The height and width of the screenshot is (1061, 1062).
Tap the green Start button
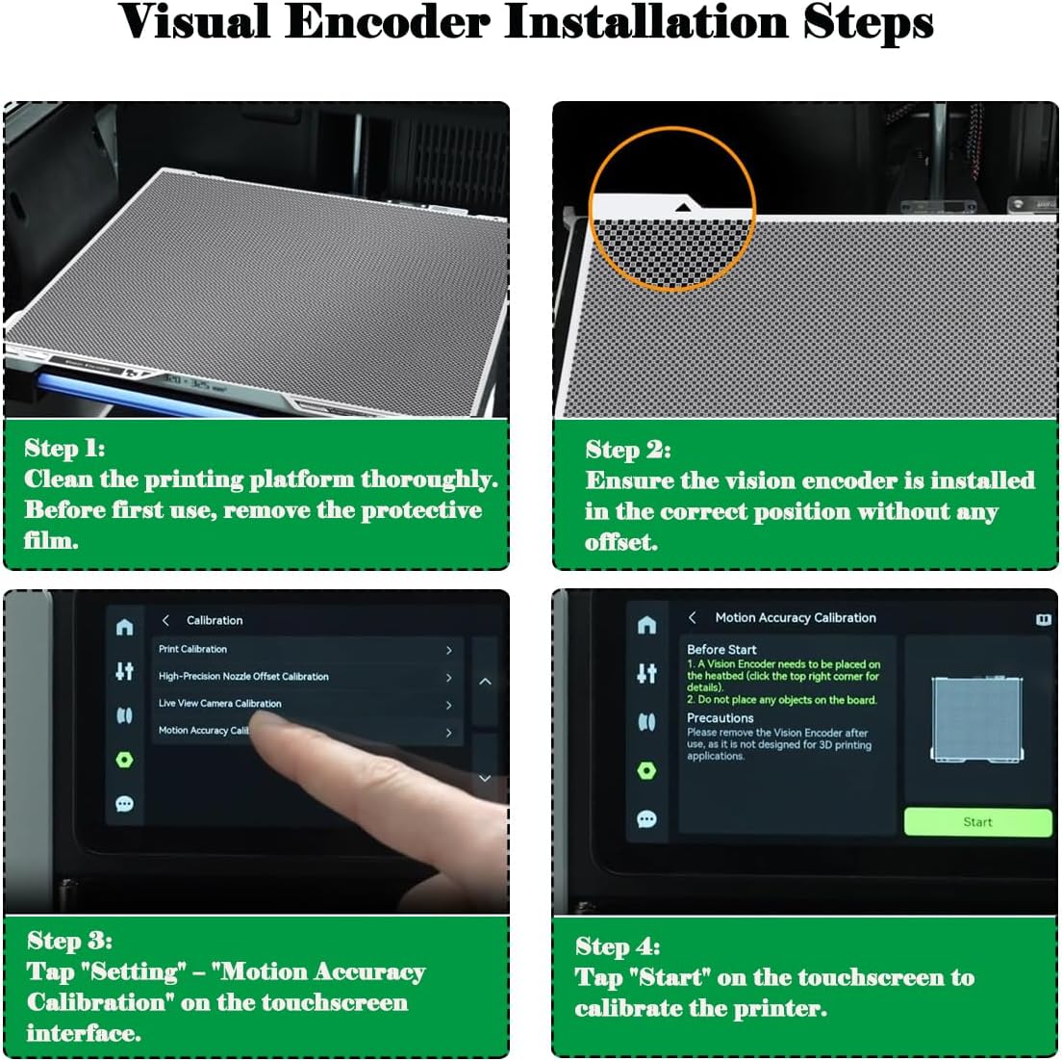pyautogui.click(x=977, y=821)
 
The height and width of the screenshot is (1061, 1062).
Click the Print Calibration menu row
pyautogui.click(x=306, y=650)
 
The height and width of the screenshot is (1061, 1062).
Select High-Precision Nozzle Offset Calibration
pyautogui.click(x=306, y=677)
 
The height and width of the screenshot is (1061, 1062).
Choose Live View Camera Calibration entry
pyautogui.click(x=306, y=704)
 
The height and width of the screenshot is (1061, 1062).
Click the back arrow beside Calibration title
pyautogui.click(x=165, y=620)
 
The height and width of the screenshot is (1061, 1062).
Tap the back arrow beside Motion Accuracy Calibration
pyautogui.click(x=692, y=617)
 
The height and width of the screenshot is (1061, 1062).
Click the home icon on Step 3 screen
pyautogui.click(x=124, y=627)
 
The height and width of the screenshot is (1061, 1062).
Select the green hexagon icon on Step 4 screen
pyautogui.click(x=646, y=771)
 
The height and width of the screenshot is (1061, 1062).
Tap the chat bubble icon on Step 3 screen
pyautogui.click(x=124, y=804)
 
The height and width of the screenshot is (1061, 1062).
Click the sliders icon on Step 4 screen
pyautogui.click(x=646, y=673)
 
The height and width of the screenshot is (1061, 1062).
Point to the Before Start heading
pyautogui.click(x=721, y=650)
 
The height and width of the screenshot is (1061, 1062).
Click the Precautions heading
pyautogui.click(x=720, y=718)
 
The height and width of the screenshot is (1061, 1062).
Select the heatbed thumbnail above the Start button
pyautogui.click(x=977, y=719)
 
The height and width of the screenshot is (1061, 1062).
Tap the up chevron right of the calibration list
pyautogui.click(x=485, y=682)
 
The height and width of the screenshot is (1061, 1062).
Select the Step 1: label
pyautogui.click(x=64, y=449)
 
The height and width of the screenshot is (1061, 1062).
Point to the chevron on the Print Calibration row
pyautogui.click(x=448, y=651)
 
